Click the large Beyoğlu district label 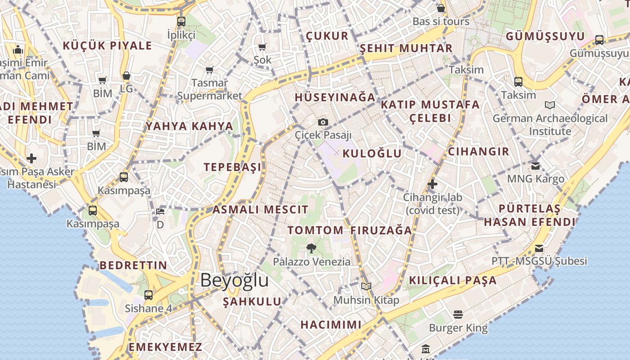(234, 280)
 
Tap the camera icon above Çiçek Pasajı (323, 122)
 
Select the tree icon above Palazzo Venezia (311, 248)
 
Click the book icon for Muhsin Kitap (366, 286)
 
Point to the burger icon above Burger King (458, 314)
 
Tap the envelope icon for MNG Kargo (535, 166)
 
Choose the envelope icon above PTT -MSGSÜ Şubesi (539, 248)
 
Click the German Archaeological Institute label (550, 125)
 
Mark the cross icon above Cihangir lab (432, 184)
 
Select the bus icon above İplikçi (181, 21)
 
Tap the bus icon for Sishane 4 (148, 295)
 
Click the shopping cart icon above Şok (262, 47)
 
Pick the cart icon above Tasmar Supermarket (209, 70)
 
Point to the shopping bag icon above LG (126, 76)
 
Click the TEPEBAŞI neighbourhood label (232, 167)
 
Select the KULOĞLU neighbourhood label (372, 153)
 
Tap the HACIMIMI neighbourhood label (331, 324)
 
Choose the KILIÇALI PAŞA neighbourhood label (453, 280)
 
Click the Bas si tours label (441, 21)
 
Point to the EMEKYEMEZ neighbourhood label (166, 347)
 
